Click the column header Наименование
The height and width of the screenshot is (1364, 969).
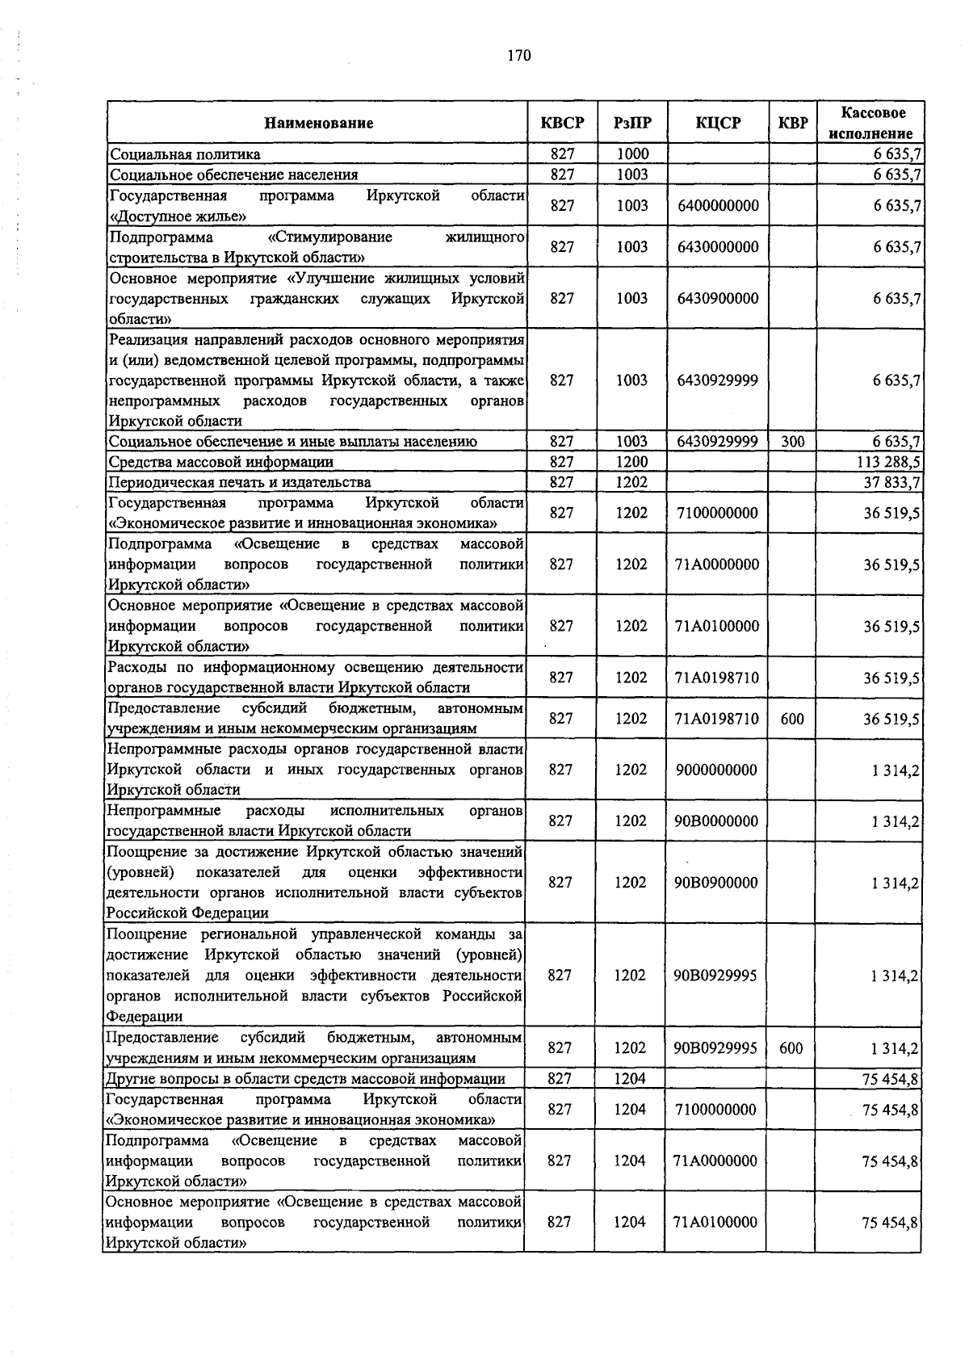(x=318, y=124)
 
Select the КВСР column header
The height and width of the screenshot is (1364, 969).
(x=562, y=123)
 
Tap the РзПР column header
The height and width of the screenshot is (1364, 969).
(x=632, y=123)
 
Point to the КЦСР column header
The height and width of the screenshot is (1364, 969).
(x=718, y=123)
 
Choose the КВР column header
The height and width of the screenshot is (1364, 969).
(x=792, y=123)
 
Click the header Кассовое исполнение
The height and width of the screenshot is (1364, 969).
(x=873, y=123)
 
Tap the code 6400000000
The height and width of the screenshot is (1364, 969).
(x=718, y=206)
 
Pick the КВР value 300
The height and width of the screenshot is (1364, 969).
(x=792, y=442)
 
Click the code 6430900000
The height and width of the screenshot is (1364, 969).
(x=718, y=298)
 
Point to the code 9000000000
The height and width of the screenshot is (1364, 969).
(x=717, y=770)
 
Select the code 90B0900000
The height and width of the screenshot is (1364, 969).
(x=716, y=883)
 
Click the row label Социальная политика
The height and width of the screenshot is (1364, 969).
(x=186, y=154)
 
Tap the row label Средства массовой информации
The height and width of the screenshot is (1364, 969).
(x=221, y=462)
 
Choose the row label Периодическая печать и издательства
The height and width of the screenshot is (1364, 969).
(x=240, y=483)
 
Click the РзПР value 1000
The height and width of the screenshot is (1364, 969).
(x=632, y=153)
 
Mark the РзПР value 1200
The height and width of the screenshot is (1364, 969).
(x=631, y=462)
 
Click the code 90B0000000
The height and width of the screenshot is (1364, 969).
(x=716, y=821)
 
